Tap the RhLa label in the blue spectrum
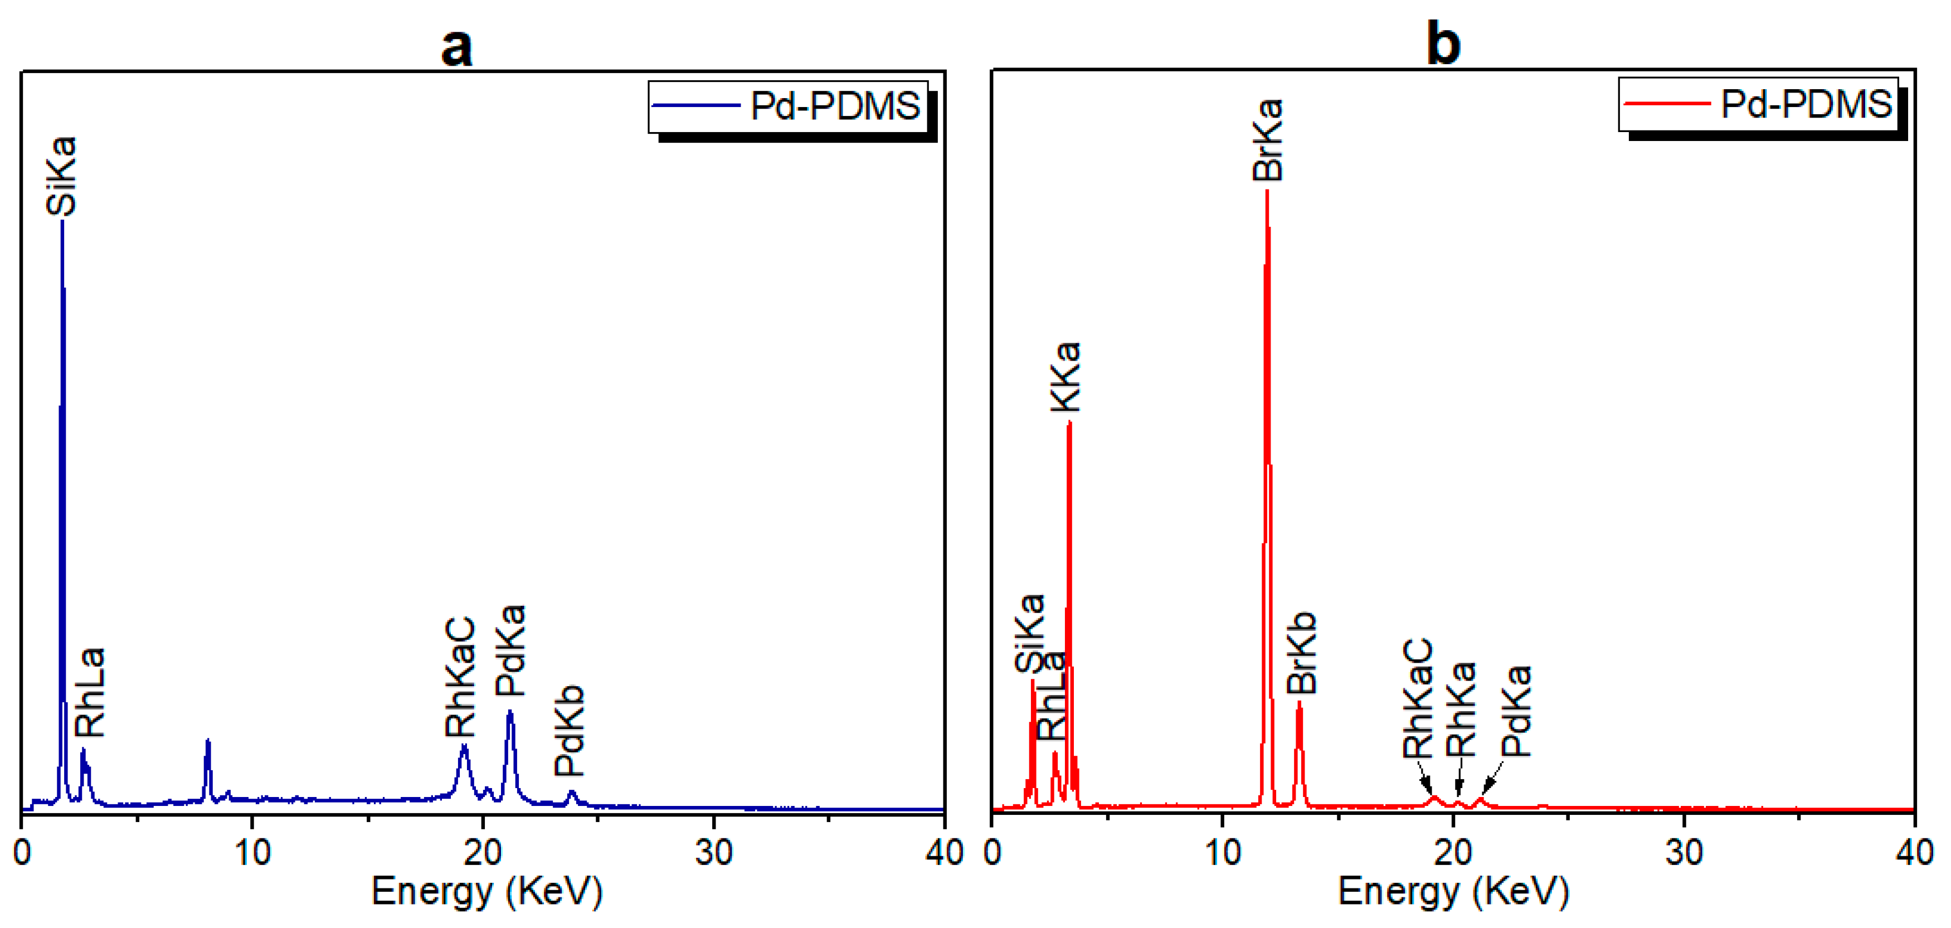(x=90, y=693)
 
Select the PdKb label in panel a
(x=570, y=731)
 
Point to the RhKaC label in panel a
(x=460, y=677)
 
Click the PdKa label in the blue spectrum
(x=510, y=651)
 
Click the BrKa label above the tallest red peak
(x=1267, y=140)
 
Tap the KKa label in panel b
(x=1065, y=377)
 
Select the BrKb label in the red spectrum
(x=1302, y=653)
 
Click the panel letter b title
(x=1443, y=44)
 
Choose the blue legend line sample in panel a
(x=695, y=106)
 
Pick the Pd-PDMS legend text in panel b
(x=1806, y=104)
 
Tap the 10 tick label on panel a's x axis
(x=252, y=854)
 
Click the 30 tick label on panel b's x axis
(x=1684, y=854)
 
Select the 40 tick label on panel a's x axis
(x=943, y=854)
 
